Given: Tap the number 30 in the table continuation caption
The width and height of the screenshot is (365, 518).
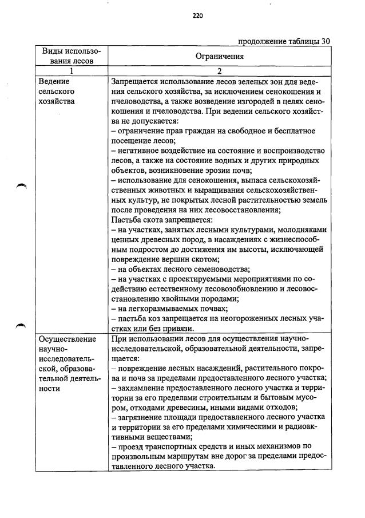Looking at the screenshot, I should [x=326, y=41].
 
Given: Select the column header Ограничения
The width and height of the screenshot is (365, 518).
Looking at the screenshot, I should [x=220, y=57].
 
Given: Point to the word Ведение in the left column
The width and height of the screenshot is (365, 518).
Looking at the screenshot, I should [x=53, y=81].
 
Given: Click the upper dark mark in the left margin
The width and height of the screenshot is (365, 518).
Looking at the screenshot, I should [x=22, y=185].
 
